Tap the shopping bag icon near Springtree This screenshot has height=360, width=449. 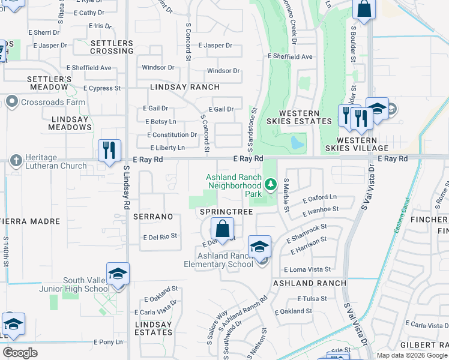(x=222, y=229)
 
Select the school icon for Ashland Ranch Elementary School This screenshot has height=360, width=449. (x=259, y=247)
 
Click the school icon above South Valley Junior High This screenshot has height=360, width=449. (x=118, y=273)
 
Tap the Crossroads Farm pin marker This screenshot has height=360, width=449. (x=12, y=102)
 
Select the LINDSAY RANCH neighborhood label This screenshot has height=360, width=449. (x=176, y=87)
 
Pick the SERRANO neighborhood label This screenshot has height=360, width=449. (x=153, y=216)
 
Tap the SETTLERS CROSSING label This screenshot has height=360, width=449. (x=112, y=47)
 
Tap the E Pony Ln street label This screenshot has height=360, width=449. (x=108, y=341)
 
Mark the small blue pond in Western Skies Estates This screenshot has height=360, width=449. (x=296, y=143)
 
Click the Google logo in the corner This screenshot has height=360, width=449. (x=20, y=353)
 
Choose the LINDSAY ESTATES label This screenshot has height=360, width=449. (x=153, y=328)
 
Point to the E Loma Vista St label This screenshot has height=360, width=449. (x=307, y=270)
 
